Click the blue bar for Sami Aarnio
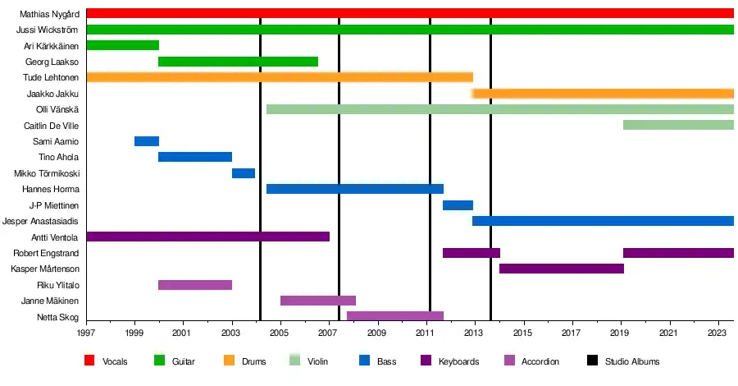point(147,141)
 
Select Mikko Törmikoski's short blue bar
point(244,173)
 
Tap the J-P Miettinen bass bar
point(458,205)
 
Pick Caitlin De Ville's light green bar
point(678,126)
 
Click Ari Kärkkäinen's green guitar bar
point(122,45)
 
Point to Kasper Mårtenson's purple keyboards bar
point(562,269)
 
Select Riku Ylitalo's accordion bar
point(195,285)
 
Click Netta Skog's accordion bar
point(395,316)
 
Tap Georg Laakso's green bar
point(238,62)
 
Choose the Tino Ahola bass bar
point(195,157)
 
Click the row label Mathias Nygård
point(49,14)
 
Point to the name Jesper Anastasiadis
point(41,222)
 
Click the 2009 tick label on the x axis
point(376,333)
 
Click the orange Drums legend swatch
point(229,361)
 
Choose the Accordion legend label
point(540,361)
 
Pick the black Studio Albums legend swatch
point(593,361)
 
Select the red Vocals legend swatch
point(90,361)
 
